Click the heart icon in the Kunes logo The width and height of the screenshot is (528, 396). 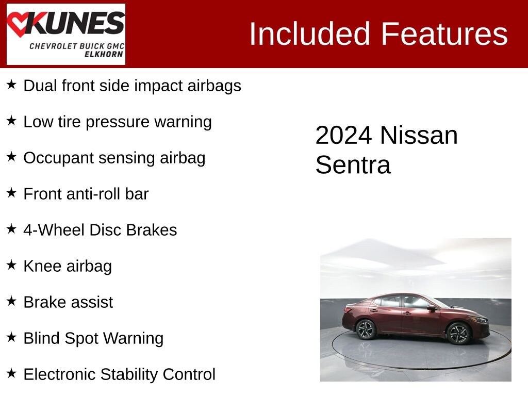[x=19, y=24]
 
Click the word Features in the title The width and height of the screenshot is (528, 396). [x=444, y=34]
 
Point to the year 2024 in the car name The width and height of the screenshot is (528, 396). [x=343, y=136]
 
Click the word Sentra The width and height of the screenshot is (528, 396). [x=353, y=166]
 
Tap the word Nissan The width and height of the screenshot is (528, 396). [x=419, y=136]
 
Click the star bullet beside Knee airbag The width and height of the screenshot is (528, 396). [x=11, y=265]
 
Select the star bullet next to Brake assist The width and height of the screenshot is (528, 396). [x=11, y=301]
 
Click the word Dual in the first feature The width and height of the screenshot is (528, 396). [x=40, y=86]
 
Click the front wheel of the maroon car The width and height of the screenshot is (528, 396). [x=457, y=333]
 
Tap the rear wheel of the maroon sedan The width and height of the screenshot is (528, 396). [x=366, y=329]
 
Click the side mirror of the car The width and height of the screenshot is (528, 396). [x=431, y=308]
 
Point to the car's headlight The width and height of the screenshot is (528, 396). [x=480, y=320]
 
